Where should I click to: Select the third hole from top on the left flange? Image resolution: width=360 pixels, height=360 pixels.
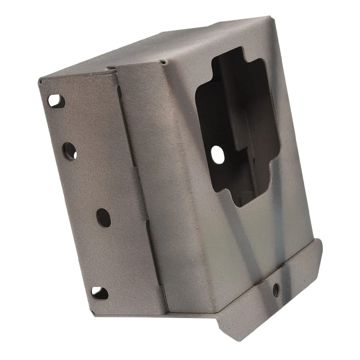coord(103,218)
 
